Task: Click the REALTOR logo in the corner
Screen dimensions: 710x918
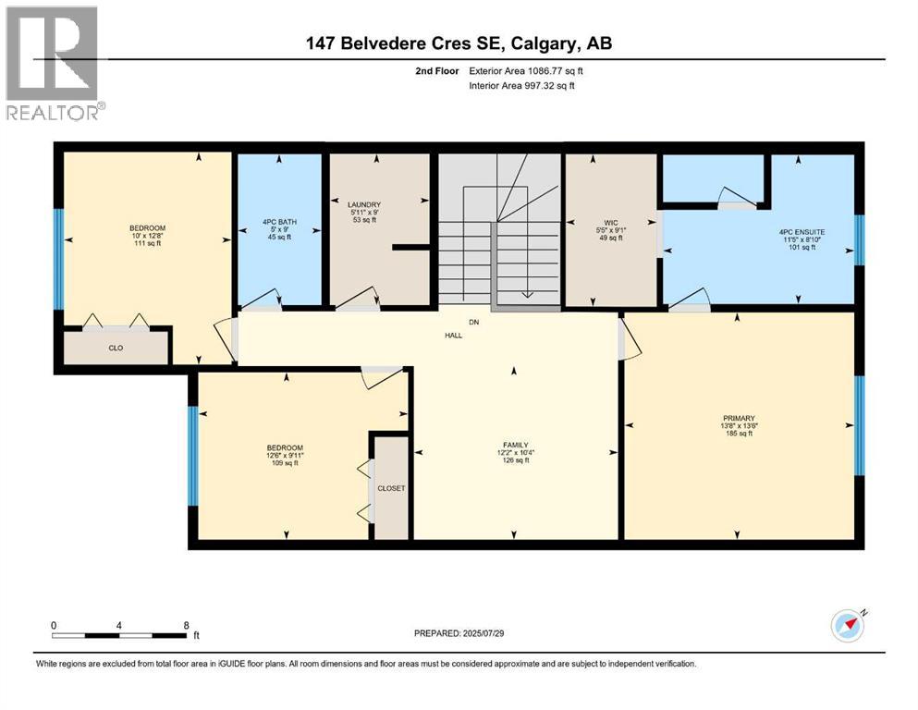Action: click(x=53, y=62)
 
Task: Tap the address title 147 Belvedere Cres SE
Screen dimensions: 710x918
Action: click(x=459, y=43)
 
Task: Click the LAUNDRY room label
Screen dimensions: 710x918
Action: click(x=364, y=205)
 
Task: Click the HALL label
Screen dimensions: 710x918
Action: click(x=453, y=335)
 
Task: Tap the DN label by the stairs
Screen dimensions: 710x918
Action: click(x=474, y=323)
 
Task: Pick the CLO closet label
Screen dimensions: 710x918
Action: click(x=116, y=348)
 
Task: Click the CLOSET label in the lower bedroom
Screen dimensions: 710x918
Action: click(x=390, y=488)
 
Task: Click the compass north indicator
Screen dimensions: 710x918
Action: click(x=849, y=625)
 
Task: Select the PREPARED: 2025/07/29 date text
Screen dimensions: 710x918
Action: click(x=459, y=633)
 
